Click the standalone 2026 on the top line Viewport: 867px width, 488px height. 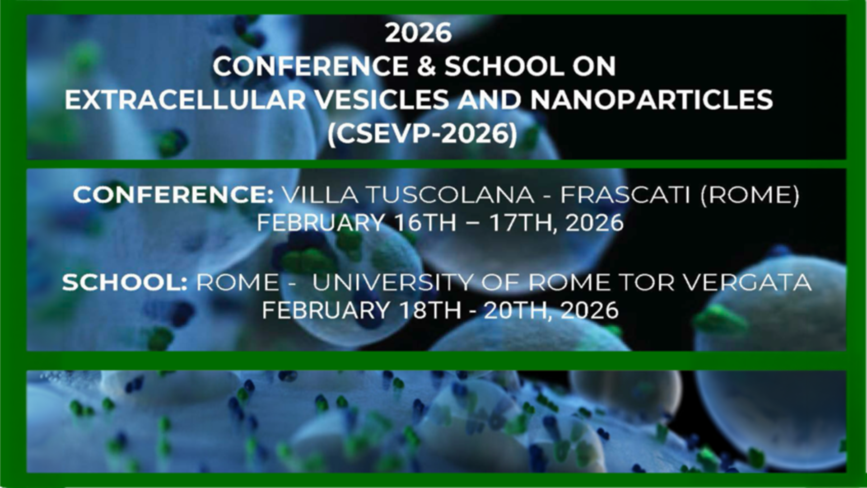(x=418, y=33)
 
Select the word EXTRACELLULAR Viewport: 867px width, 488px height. (x=186, y=99)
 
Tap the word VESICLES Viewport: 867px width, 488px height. (x=382, y=99)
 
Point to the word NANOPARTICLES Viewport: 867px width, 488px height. (x=652, y=99)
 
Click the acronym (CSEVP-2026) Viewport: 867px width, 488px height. (x=422, y=134)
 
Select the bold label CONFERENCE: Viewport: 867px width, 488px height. (x=173, y=195)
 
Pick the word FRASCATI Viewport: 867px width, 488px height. (x=625, y=195)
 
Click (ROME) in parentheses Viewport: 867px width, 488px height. (x=750, y=195)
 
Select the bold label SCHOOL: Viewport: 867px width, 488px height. (x=125, y=282)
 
